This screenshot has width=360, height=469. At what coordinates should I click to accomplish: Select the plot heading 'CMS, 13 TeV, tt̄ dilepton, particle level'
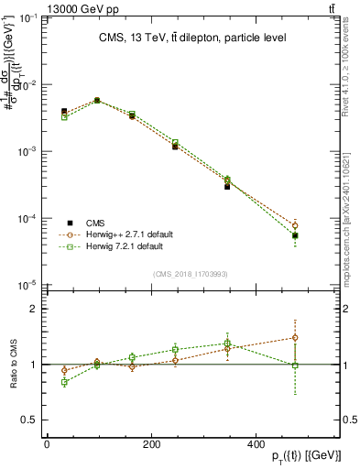[192, 38]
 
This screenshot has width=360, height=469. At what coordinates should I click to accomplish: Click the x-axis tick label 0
[47, 444]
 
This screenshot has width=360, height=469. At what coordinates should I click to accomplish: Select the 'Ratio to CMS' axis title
[12, 365]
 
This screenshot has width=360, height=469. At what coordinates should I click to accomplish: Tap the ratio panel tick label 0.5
[30, 420]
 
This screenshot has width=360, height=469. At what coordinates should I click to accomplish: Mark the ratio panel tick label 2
[34, 309]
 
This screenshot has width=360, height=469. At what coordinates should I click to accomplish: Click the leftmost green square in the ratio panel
[64, 382]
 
